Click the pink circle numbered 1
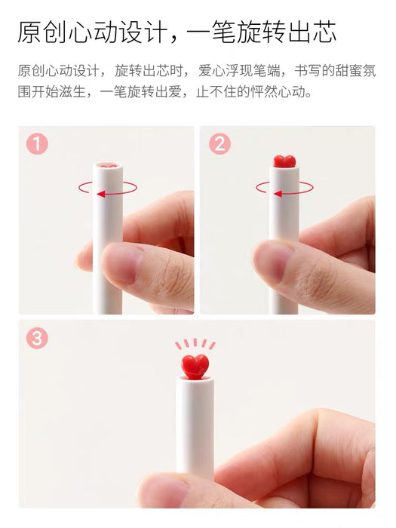(37, 144)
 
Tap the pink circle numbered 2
(220, 144)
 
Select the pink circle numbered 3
(37, 338)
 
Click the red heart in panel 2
(284, 161)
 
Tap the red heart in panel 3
(195, 367)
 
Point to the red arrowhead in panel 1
(100, 194)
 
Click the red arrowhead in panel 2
(278, 194)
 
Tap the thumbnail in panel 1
(122, 263)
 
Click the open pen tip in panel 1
(108, 166)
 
